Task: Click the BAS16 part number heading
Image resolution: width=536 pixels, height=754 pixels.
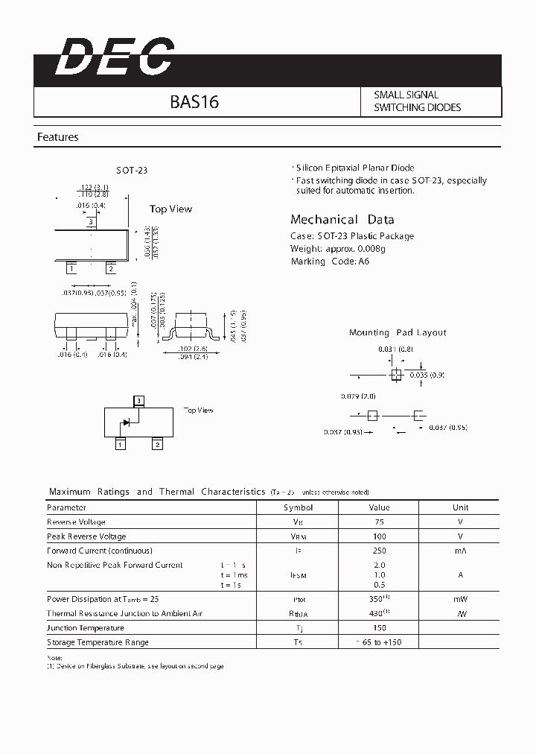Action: click(194, 102)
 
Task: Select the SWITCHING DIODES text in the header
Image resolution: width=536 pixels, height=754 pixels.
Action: click(417, 107)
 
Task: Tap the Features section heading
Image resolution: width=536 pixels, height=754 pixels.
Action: click(58, 137)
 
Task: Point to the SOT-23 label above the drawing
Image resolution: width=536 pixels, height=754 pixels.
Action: click(132, 171)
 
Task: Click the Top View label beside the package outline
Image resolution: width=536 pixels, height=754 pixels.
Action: click(170, 209)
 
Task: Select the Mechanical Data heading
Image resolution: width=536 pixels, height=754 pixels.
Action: click(342, 220)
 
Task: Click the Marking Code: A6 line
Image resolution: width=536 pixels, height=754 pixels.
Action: click(329, 262)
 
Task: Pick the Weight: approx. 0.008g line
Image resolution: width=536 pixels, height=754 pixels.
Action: click(337, 249)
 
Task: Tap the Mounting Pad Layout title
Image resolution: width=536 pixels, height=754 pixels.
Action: click(398, 333)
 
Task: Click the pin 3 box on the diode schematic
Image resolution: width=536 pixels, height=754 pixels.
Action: click(138, 401)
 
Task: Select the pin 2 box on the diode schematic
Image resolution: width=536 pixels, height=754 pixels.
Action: click(157, 445)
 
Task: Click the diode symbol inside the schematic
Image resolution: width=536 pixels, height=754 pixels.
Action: click(126, 422)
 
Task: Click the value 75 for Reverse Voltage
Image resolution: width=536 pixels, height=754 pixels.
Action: click(380, 522)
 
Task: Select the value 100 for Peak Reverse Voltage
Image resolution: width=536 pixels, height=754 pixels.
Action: click(380, 536)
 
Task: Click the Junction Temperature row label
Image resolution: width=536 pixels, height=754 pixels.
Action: click(86, 628)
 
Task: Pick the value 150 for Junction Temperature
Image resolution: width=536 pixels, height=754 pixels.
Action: click(380, 628)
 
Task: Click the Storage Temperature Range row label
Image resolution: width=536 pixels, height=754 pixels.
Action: click(98, 642)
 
